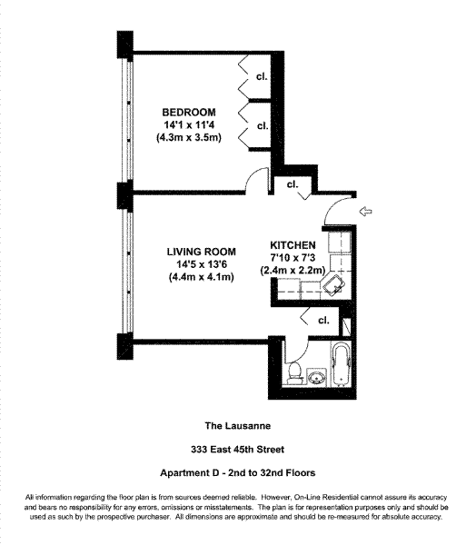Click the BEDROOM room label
[x=189, y=113]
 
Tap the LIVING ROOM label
[x=202, y=252]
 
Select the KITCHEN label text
[x=293, y=245]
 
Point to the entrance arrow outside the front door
[x=365, y=211]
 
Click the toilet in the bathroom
[x=295, y=373]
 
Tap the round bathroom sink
[x=316, y=377]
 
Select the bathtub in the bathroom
[x=342, y=364]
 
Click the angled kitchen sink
[x=333, y=284]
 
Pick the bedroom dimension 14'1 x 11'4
[x=189, y=124]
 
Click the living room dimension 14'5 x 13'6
[x=202, y=264]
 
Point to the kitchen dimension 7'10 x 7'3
[x=293, y=258]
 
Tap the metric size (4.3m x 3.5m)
[x=189, y=137]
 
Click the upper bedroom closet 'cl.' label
[x=262, y=76]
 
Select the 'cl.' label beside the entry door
[x=293, y=184]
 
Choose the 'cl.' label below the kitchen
[x=323, y=320]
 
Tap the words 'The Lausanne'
[x=238, y=426]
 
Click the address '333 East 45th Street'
[x=238, y=450]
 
